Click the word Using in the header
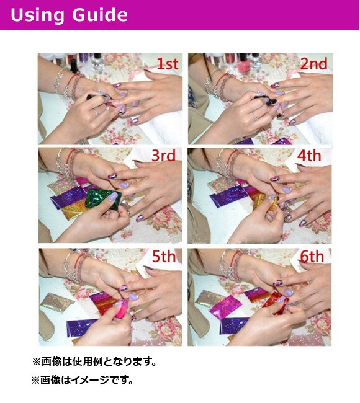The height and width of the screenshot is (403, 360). click(x=37, y=15)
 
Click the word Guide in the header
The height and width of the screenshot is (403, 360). click(x=100, y=14)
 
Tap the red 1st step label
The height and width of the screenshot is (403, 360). click(x=168, y=64)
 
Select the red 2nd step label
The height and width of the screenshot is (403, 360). click(x=314, y=64)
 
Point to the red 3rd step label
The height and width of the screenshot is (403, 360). click(x=164, y=156)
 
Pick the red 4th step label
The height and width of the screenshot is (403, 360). click(x=309, y=156)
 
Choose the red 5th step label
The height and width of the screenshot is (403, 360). click(x=164, y=256)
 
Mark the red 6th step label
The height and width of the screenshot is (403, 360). click(x=312, y=256)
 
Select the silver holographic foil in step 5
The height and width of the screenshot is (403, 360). click(x=56, y=303)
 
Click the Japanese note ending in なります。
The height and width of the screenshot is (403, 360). click(x=94, y=361)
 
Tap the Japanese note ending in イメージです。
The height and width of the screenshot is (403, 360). click(x=83, y=380)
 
